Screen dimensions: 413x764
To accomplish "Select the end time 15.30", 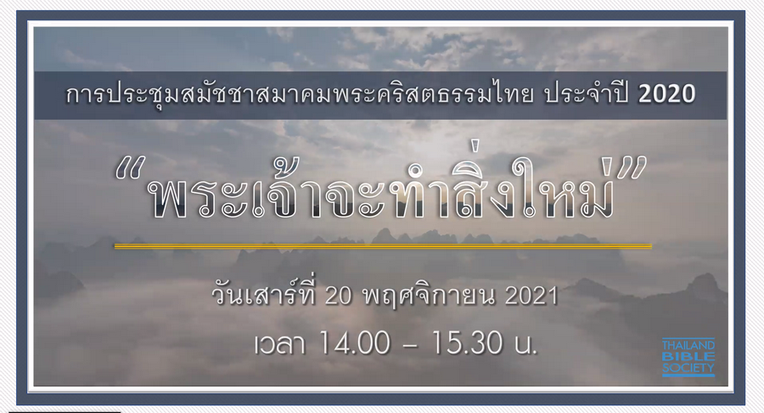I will (466, 344).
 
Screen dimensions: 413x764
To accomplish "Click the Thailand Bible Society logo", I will (688, 357).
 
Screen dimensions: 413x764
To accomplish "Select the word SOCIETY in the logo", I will (688, 367).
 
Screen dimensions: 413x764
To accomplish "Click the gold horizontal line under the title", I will (382, 246).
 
